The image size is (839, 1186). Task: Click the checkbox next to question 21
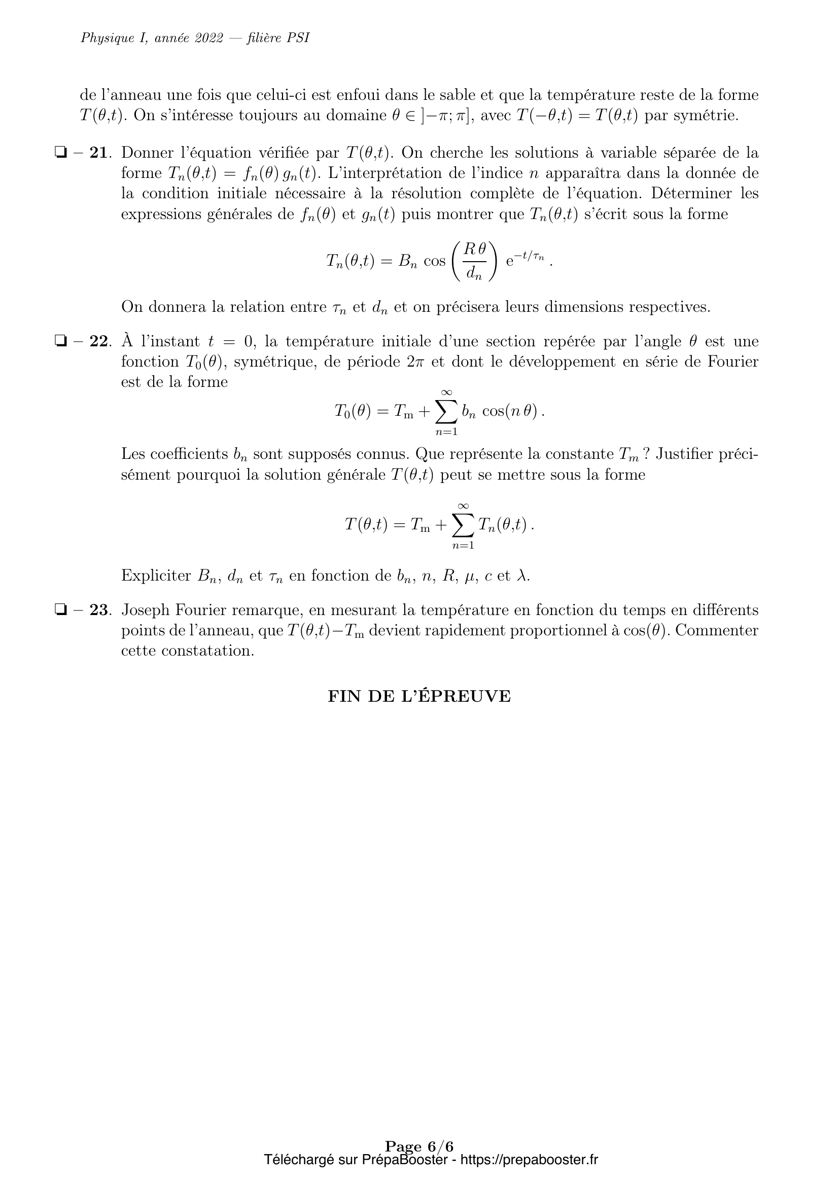61,153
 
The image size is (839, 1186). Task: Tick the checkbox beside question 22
61,341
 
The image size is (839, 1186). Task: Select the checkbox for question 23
61,610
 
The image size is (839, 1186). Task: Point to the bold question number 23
99,610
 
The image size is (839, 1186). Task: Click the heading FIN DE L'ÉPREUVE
419,696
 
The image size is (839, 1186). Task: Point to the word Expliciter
156,576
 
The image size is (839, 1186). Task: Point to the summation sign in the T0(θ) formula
446,411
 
